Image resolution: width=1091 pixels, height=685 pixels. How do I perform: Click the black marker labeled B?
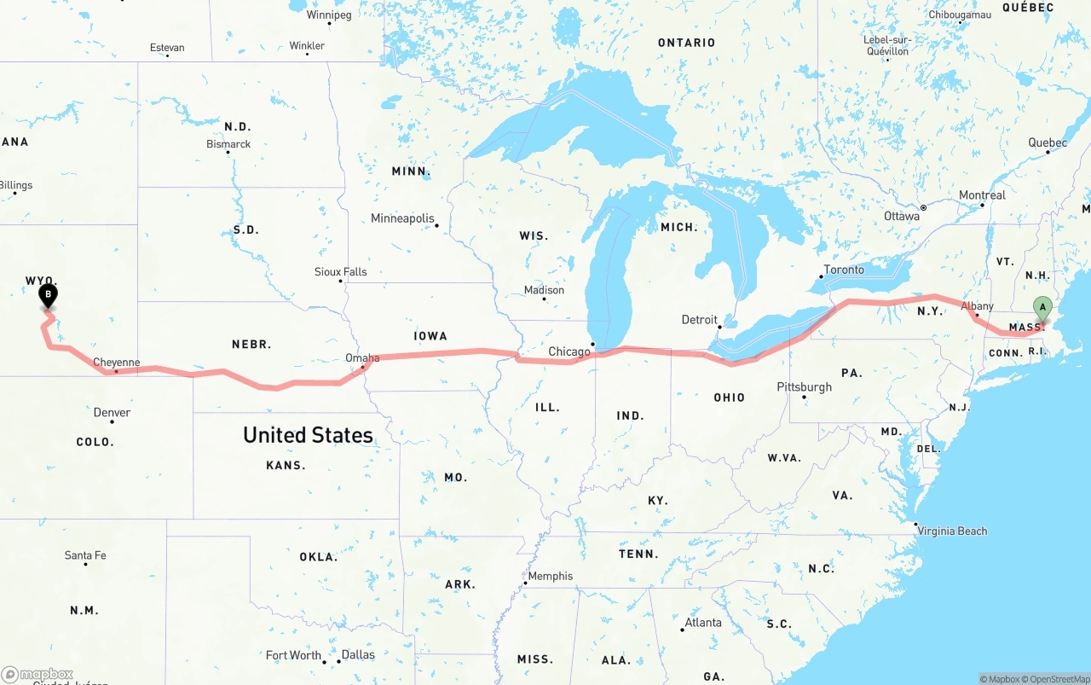(x=49, y=295)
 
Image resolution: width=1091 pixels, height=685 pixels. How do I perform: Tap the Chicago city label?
(x=569, y=351)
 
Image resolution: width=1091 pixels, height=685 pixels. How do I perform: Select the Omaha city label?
(x=362, y=358)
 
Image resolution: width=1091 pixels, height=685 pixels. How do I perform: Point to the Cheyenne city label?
(x=116, y=363)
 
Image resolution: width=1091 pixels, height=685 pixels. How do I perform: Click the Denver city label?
(x=112, y=413)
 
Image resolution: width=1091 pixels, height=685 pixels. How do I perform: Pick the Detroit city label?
(x=699, y=320)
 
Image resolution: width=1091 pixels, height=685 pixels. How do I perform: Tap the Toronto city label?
(x=844, y=270)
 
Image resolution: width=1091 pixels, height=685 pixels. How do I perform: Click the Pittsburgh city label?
(x=804, y=387)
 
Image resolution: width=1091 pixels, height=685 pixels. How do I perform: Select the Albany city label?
(x=977, y=306)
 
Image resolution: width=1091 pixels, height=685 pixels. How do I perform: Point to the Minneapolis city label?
(x=402, y=218)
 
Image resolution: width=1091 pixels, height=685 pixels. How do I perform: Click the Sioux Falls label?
(x=340, y=272)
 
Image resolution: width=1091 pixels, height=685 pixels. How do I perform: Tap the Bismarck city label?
(x=228, y=144)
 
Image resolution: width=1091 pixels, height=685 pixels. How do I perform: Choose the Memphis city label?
(x=551, y=576)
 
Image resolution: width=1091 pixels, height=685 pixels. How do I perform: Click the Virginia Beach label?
(x=952, y=531)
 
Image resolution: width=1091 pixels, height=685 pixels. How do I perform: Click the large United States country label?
(x=308, y=435)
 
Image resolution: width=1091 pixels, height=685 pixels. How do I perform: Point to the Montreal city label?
(x=982, y=195)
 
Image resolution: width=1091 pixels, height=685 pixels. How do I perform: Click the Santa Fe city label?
(x=85, y=555)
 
